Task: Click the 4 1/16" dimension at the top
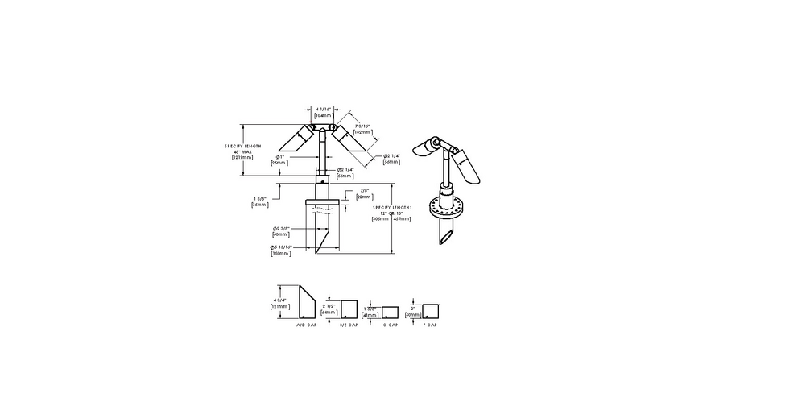(x=322, y=112)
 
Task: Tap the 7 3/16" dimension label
(x=362, y=128)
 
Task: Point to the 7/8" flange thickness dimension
(x=363, y=194)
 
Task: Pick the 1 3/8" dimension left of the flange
(x=260, y=202)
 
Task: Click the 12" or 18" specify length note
(x=392, y=213)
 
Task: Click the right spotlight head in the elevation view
(x=352, y=139)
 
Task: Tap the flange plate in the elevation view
(x=322, y=201)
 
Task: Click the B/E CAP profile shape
(x=349, y=310)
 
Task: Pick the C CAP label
(x=391, y=325)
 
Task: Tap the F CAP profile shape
(x=430, y=310)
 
